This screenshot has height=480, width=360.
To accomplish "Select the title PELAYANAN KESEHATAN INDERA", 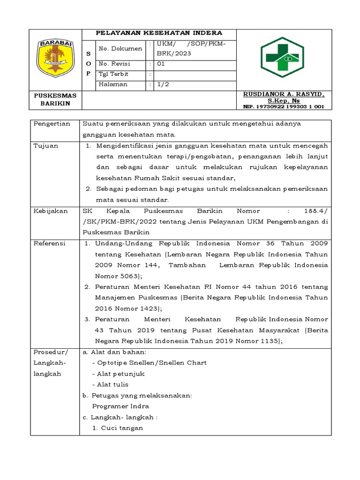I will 159,33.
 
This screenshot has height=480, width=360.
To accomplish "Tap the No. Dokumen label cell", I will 120,49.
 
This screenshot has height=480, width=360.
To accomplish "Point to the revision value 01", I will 160,64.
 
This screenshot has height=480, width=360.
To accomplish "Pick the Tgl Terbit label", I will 113,74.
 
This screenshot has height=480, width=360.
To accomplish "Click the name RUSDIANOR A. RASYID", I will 283,94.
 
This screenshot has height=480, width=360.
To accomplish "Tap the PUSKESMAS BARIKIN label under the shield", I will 55,99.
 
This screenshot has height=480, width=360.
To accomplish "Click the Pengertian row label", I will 52,124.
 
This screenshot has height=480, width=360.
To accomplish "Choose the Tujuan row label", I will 46,146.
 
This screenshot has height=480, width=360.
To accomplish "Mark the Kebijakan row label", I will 50,211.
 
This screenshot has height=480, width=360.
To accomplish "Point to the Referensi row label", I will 50,244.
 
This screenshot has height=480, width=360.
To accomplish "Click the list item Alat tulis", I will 112,384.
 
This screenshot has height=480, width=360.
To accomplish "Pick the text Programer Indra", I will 120,406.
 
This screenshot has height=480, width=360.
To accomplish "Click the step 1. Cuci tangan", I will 118,428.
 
